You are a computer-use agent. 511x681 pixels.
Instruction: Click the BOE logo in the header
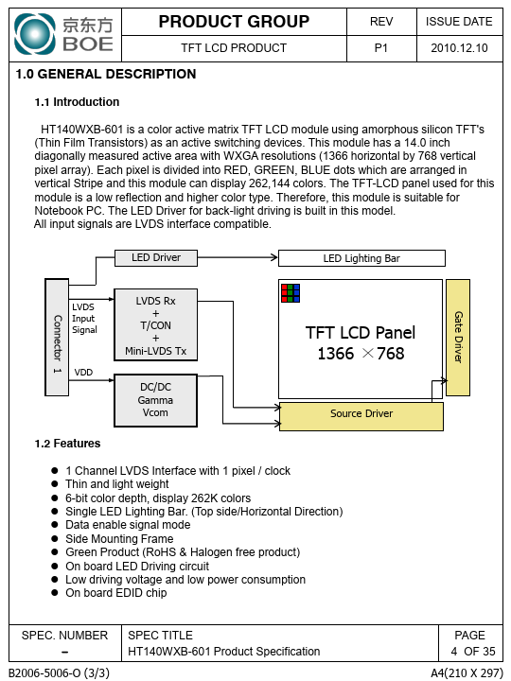coord(64,34)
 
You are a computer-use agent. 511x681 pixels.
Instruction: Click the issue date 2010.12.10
coord(459,48)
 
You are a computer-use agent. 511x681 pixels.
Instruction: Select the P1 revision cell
coord(381,48)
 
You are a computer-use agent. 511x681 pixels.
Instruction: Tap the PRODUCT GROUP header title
coord(234,21)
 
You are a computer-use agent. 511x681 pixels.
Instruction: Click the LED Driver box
coord(156,257)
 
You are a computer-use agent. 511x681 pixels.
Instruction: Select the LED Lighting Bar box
coord(361,258)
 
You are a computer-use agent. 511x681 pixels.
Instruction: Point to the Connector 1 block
coord(57,338)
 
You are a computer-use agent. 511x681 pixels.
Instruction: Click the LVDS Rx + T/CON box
coord(155,324)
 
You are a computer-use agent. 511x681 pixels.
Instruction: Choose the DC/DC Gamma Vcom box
coord(155,400)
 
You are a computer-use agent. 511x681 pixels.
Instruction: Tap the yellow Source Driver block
coord(361,416)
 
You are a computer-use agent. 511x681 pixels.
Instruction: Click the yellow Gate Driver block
coord(458,338)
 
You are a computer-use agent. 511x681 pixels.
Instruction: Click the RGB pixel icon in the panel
coord(291,293)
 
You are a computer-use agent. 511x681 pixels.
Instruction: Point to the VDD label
coord(83,373)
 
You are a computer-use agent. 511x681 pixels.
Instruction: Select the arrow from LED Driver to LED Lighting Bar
coord(238,257)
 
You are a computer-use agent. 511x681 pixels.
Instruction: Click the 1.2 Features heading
coord(67,444)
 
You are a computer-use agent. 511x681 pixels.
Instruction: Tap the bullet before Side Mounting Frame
coord(55,538)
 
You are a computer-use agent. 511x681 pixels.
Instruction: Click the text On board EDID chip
coord(116,593)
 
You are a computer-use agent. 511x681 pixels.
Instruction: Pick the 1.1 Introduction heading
coord(77,102)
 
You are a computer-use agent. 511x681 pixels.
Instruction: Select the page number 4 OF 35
coord(473,651)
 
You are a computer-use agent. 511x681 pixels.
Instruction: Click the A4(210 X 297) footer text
coord(467,672)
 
